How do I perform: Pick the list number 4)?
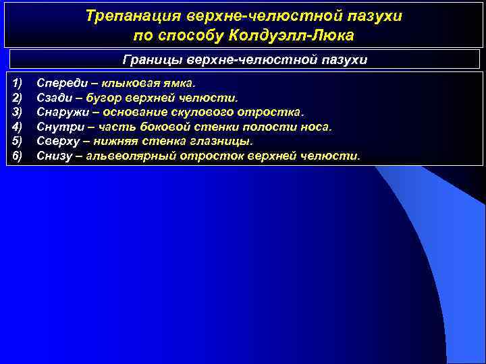(18, 127)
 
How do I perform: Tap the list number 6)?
(18, 156)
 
